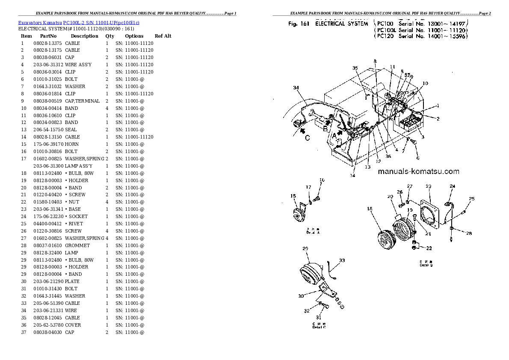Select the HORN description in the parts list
point(72,144)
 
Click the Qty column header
point(110,36)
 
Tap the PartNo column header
point(48,36)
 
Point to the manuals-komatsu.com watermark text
point(418,172)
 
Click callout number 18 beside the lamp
point(370,209)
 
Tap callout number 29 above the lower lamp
point(305,249)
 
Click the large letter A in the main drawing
point(334,136)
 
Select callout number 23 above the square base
point(428,186)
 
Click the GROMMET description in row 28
point(77,245)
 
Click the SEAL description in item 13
point(71,130)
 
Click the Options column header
point(134,36)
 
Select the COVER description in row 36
point(73,325)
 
